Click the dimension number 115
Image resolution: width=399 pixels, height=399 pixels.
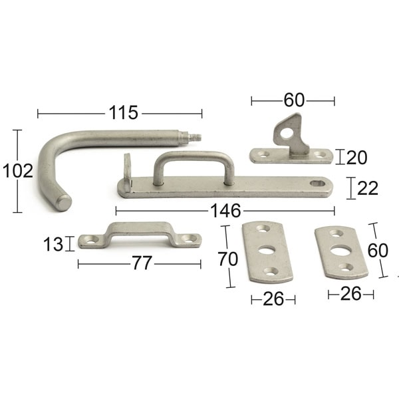tap(124, 113)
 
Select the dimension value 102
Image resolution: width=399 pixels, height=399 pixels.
tap(17, 171)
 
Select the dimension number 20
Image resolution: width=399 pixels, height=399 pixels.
tap(356, 157)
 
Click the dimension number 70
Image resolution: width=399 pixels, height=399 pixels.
tap(227, 257)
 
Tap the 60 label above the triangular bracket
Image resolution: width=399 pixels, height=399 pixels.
tap(293, 100)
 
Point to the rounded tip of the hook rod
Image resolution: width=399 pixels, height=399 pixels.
tap(63, 201)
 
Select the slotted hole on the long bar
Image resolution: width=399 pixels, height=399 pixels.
tap(319, 182)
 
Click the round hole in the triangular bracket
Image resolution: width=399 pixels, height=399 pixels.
tap(286, 133)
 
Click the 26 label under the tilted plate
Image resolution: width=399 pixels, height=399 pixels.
tap(350, 294)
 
